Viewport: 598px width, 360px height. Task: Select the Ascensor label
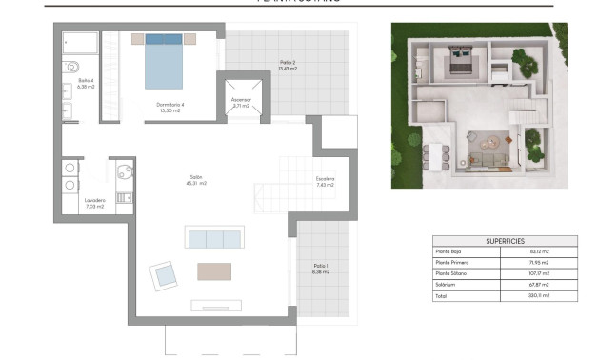241,102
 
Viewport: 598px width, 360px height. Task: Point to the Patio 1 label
320,269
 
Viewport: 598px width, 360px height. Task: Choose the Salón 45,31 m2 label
197,180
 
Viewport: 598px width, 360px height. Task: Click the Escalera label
326,181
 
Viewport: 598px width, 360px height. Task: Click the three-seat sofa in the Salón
214,238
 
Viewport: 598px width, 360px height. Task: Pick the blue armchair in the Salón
164,276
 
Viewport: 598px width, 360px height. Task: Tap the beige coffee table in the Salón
214,271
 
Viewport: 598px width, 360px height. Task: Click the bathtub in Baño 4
79,44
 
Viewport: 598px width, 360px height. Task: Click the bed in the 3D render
461,66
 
